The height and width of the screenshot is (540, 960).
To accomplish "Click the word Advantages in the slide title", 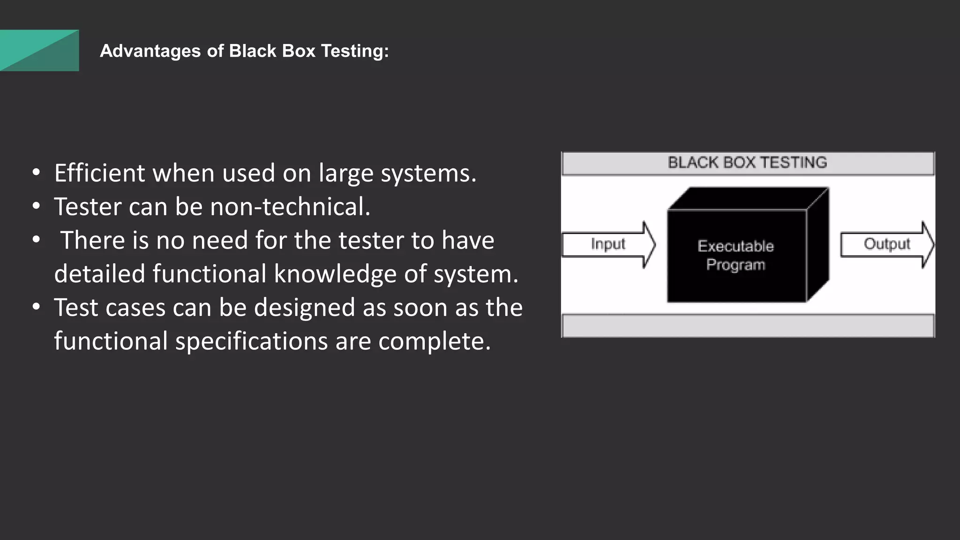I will click(150, 51).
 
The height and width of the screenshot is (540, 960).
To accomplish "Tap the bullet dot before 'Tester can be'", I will click(36, 206).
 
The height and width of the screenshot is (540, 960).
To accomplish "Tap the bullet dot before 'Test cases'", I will click(36, 307).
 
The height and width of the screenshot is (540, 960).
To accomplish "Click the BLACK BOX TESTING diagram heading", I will click(747, 163).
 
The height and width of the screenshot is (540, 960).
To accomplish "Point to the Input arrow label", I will click(608, 244).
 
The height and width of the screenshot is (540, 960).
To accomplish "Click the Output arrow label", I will click(886, 244).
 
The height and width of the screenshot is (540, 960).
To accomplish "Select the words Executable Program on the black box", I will click(735, 255).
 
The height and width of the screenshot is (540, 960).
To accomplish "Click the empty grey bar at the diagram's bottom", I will click(748, 325).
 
